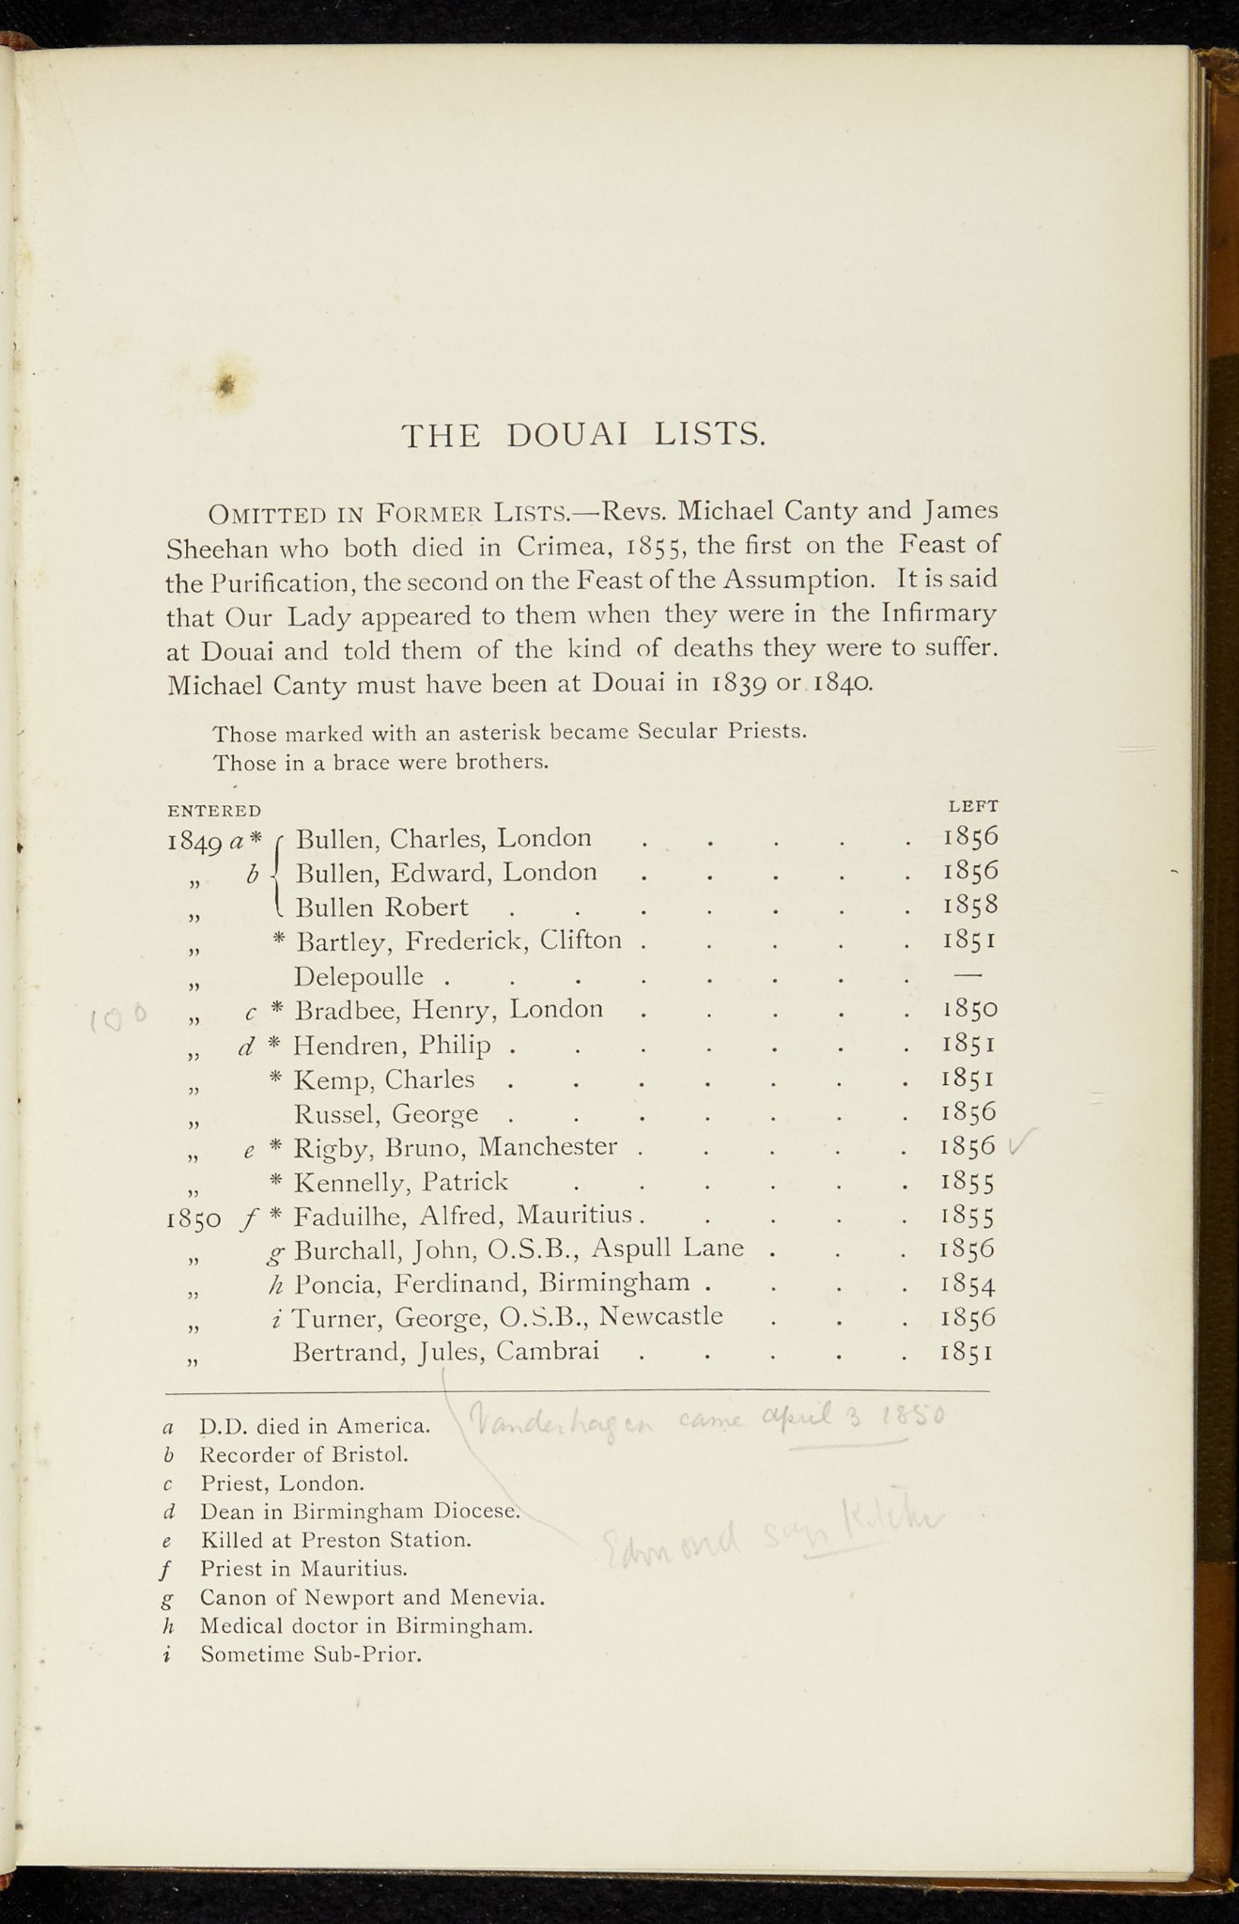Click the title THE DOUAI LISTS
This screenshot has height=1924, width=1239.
coord(583,435)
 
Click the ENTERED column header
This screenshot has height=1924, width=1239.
coord(214,811)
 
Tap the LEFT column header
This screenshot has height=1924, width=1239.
coord(973,806)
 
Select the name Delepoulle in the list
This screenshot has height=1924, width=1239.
coord(359,977)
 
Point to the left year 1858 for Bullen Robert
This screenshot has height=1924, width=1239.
coord(969,906)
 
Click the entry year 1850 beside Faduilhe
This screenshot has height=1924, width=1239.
coord(194,1219)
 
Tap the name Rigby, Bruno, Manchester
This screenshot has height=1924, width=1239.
coord(456,1147)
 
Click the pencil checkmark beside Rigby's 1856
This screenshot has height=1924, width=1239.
coord(1018,1145)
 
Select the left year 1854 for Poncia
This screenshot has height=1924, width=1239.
coord(968,1284)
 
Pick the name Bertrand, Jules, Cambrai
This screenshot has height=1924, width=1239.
coord(446,1352)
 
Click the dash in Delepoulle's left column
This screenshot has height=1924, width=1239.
coord(968,975)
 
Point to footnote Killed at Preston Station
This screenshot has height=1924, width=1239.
coord(335,1541)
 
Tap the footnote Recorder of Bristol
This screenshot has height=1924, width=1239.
coord(304,1455)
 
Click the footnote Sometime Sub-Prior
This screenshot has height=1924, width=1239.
coord(311,1655)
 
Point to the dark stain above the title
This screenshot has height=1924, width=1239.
coord(225,384)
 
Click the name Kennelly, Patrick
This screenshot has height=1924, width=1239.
coord(401,1182)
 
